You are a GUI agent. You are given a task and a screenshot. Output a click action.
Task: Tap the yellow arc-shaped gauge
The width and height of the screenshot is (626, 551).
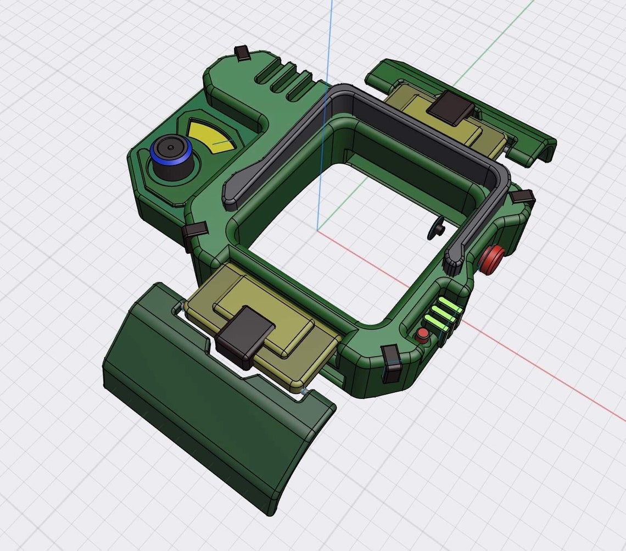coord(211,135)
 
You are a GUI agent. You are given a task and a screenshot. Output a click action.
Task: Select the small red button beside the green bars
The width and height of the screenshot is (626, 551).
coord(422,335)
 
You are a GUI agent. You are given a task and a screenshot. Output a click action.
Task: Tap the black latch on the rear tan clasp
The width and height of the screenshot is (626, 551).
coord(448,107)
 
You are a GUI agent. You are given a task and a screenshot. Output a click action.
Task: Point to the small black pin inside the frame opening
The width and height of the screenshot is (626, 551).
coord(437,228)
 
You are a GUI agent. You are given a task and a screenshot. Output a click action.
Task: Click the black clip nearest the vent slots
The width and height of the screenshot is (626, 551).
coord(242,53)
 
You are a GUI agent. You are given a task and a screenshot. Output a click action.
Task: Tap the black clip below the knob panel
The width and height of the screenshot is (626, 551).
coord(193,233)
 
